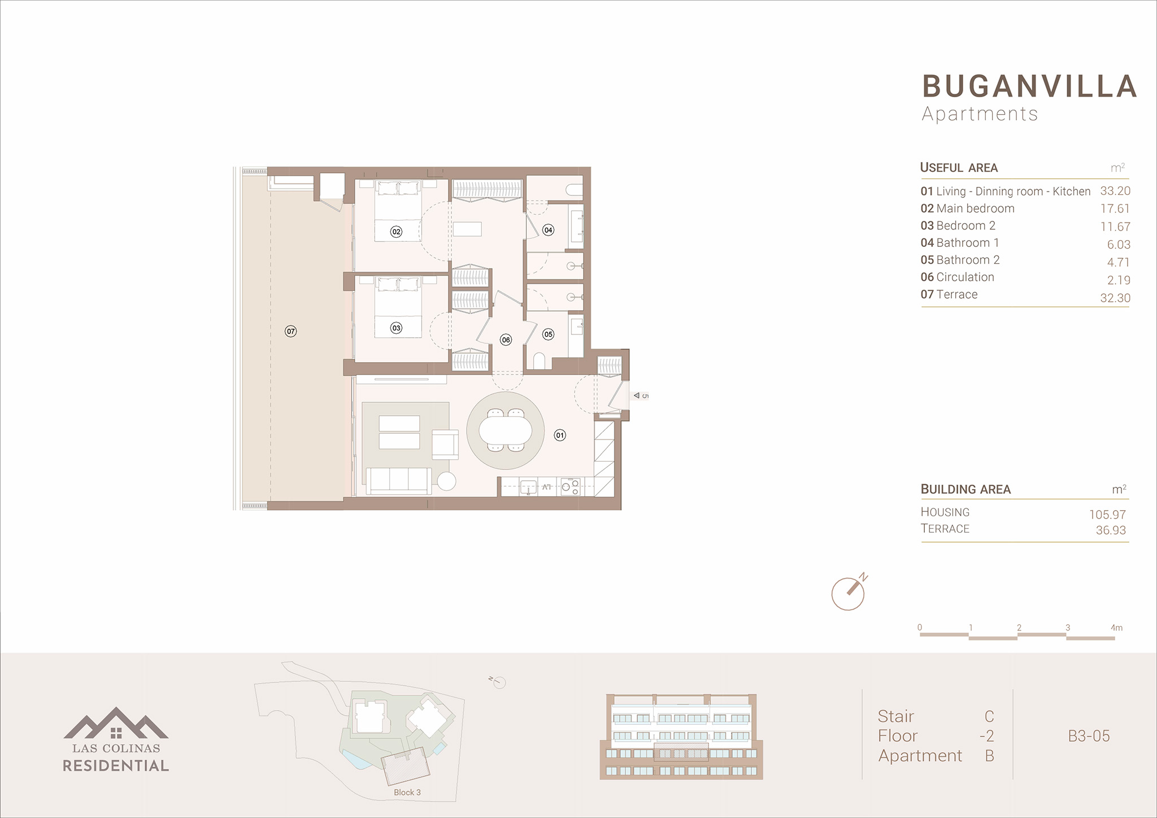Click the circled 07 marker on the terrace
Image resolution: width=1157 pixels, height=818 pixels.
(x=290, y=331)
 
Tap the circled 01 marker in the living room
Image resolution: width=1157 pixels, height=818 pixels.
(x=559, y=435)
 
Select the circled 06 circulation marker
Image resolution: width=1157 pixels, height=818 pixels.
(x=506, y=340)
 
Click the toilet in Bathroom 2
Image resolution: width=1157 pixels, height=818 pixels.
(x=539, y=360)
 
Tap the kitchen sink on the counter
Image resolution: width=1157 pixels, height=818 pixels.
(x=528, y=487)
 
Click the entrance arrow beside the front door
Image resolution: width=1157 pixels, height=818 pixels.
(x=637, y=395)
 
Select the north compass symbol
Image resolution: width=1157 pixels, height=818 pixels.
(x=849, y=592)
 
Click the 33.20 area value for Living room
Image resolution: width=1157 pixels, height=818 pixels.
(x=1115, y=191)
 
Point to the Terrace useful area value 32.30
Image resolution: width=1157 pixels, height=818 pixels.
(x=1115, y=298)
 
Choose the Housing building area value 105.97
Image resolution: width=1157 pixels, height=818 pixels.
(x=1107, y=515)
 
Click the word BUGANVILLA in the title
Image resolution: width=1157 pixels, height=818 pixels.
(x=1030, y=86)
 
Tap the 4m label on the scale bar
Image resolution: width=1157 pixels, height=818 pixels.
(x=1116, y=628)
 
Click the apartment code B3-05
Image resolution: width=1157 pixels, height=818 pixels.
(x=1089, y=736)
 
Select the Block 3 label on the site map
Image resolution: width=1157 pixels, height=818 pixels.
(x=407, y=792)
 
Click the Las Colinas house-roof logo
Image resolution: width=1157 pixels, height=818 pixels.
(x=116, y=723)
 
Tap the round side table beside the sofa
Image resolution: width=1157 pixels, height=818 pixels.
(x=446, y=481)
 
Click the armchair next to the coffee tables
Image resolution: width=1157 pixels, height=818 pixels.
(x=445, y=445)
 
